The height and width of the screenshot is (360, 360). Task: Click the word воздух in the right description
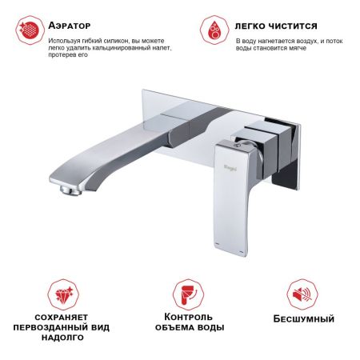pos(302,39)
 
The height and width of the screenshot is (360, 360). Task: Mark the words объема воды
pos(193,328)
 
